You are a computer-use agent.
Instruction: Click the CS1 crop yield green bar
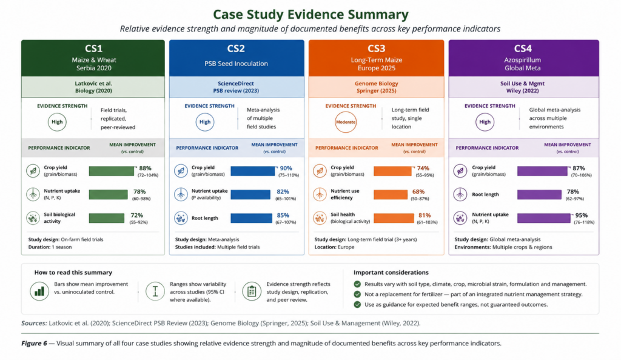point(112,171)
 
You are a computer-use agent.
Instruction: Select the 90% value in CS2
point(286,168)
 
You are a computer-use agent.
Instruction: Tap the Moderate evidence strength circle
point(345,122)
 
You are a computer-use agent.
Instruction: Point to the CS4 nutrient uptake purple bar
point(544,218)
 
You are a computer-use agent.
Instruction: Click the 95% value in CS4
point(581,215)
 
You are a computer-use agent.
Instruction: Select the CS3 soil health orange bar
point(394,218)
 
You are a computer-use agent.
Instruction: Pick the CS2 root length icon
point(181,218)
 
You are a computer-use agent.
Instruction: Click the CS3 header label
point(376,48)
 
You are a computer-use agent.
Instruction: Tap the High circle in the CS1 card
point(57,122)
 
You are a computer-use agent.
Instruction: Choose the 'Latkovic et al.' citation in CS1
point(93,84)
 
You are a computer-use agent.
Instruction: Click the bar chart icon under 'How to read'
point(39,292)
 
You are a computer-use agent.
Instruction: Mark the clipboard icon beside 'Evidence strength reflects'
point(252,292)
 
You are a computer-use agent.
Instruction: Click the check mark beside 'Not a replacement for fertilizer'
point(357,295)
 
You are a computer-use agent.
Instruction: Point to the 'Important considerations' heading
point(391,272)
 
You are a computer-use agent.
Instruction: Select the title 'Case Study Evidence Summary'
point(310,14)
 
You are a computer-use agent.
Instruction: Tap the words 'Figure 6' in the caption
point(34,344)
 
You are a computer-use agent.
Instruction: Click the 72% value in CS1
point(136,215)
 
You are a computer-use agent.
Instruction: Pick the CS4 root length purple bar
point(539,194)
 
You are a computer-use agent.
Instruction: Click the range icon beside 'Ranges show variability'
point(155,292)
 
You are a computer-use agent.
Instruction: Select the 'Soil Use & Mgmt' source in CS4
point(522,84)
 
